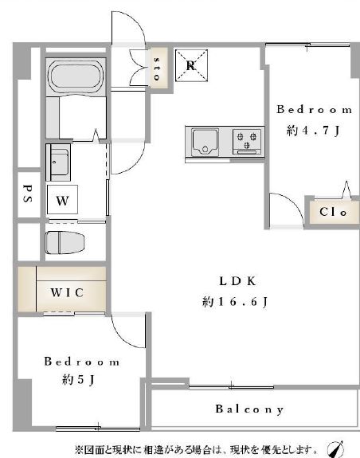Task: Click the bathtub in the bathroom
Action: pos(76,76)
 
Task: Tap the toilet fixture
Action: pos(65,242)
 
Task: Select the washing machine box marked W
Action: pos(62,199)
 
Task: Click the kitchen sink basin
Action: pos(205,143)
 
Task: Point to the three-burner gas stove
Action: pos(247,141)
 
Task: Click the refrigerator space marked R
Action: pos(191,65)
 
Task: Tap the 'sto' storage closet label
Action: pos(157,69)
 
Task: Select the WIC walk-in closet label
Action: pos(67,292)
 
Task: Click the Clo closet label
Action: pos(333,212)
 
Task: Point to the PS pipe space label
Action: pos(27,194)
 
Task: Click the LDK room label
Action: pos(237,281)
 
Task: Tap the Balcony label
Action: pos(249,409)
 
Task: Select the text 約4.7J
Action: pos(313,130)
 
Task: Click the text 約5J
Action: pos(78,379)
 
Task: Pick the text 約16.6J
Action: pos(235,301)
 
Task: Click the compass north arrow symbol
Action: pos(336,449)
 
